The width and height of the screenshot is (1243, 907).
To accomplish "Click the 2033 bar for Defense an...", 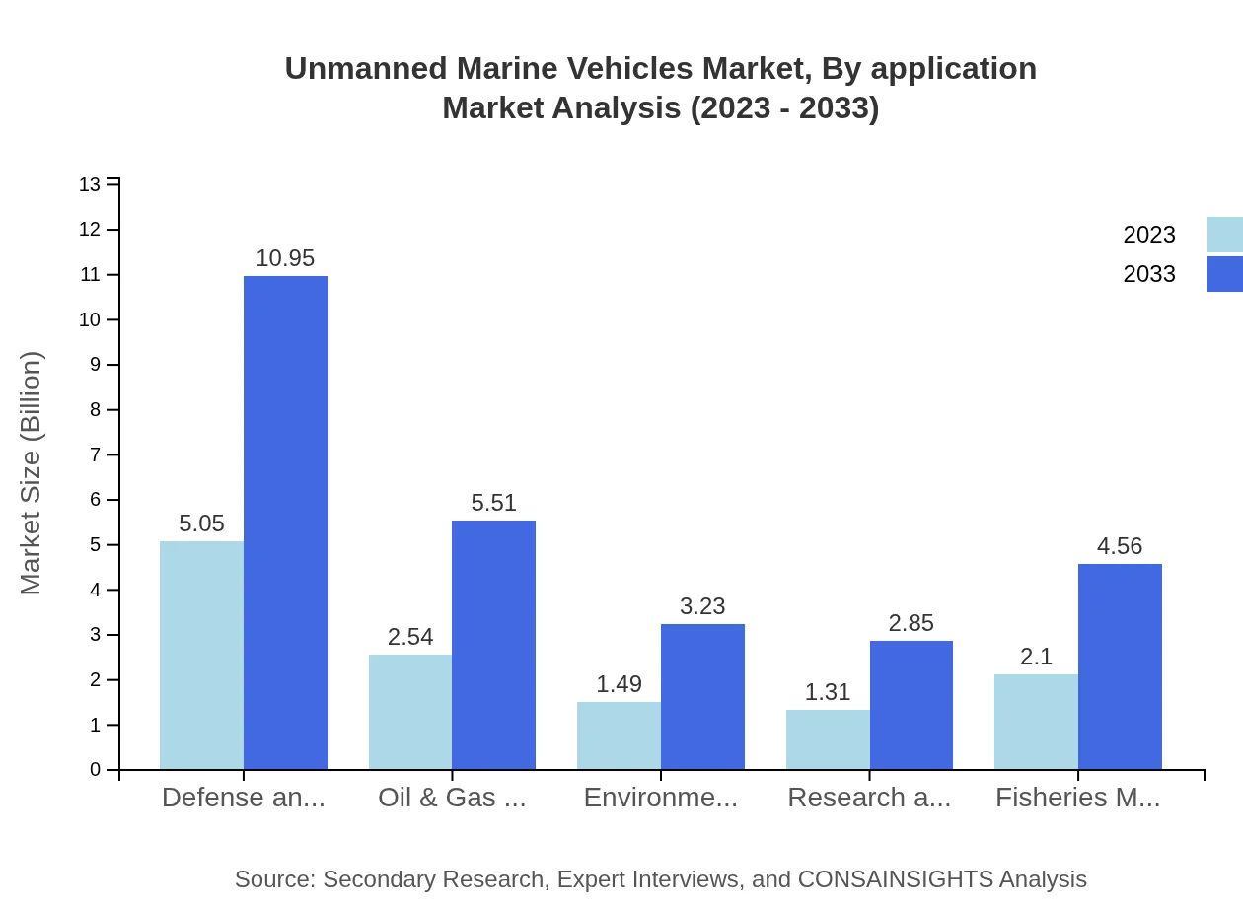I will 285,523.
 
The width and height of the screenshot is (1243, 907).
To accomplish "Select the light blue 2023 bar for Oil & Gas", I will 410,712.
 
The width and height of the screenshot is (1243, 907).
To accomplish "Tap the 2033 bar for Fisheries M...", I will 1120,666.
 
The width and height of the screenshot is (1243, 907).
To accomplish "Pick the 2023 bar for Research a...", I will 828,739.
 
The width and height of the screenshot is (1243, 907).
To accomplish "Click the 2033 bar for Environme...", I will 702,696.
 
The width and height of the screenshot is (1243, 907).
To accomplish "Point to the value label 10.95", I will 285,258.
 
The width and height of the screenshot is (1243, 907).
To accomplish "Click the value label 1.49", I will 619,684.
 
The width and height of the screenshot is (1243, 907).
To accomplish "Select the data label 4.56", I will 1120,546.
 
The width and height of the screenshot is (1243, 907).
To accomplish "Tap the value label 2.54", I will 410,637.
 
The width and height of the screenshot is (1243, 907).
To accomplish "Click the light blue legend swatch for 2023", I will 1225,235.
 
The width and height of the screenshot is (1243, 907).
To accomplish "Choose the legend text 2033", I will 1149,274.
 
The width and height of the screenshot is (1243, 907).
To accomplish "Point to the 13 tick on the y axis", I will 90,184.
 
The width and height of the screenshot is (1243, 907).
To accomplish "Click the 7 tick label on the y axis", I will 96,454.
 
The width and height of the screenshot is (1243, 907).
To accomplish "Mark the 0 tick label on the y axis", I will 96,770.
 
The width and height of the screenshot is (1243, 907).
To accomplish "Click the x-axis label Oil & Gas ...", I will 452,798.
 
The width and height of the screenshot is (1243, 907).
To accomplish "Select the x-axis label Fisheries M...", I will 1077,798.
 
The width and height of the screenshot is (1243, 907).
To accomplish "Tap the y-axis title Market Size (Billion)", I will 32,473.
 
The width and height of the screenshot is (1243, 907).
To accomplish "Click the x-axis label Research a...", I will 868,798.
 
